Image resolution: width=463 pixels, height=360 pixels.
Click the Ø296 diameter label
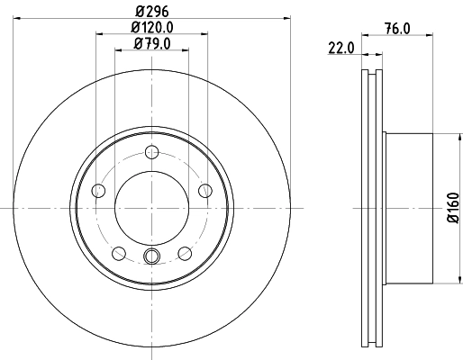[150, 10]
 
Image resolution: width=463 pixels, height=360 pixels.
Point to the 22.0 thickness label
[340, 49]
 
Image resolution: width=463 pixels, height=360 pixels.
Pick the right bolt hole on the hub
[204, 190]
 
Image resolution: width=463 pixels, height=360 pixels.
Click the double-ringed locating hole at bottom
[151, 259]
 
